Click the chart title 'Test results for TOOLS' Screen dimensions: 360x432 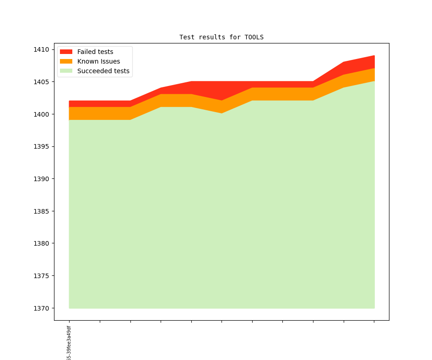pyautogui.click(x=221, y=37)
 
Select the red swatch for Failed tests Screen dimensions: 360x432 pyautogui.click(x=66, y=52)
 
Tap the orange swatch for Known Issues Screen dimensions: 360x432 pyautogui.click(x=66, y=61)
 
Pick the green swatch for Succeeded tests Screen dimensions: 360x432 pyautogui.click(x=66, y=71)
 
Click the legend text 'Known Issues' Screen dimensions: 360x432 pyautogui.click(x=98, y=61)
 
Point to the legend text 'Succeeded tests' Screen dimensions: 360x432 pyautogui.click(x=103, y=71)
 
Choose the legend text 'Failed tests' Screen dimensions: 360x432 pyautogui.click(x=95, y=52)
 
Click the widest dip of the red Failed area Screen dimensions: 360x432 pyautogui.click(x=221, y=91)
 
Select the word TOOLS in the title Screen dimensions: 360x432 pyautogui.click(x=254, y=37)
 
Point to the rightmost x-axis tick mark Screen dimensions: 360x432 pyautogui.click(x=374, y=322)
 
